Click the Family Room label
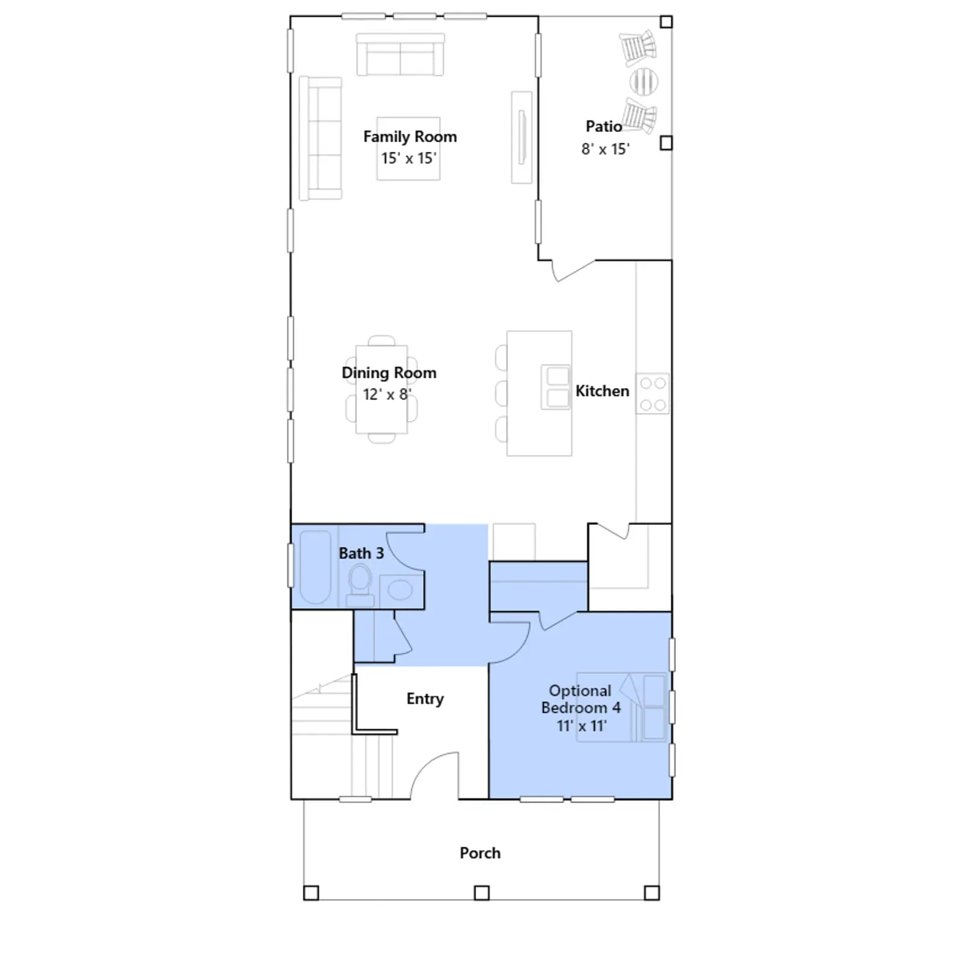click(410, 137)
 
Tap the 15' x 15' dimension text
click(408, 158)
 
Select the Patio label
click(604, 126)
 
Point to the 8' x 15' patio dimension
click(605, 149)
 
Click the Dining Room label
click(389, 373)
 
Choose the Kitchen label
click(602, 391)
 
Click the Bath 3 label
click(361, 553)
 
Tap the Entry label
click(425, 699)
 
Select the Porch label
click(480, 853)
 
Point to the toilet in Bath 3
click(360, 584)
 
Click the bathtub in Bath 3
click(315, 567)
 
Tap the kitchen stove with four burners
click(653, 393)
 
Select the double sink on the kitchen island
click(555, 387)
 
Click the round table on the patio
click(643, 81)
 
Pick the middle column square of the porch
click(481, 892)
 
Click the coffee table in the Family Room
click(408, 148)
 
